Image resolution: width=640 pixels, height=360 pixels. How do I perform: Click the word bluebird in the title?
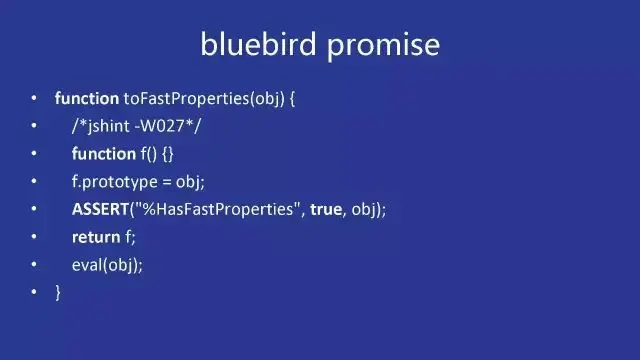[258, 44]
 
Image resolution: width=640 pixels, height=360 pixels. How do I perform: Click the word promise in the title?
[383, 46]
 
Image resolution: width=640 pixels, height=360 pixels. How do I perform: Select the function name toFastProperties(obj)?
[204, 99]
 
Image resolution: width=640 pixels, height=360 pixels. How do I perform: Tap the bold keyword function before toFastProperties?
[87, 98]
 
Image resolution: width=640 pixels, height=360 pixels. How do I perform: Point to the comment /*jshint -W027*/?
[136, 126]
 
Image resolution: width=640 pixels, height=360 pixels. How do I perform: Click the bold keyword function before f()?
[104, 154]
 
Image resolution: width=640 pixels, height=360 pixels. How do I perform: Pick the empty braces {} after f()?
[168, 154]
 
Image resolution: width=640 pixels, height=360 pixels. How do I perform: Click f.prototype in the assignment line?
[115, 182]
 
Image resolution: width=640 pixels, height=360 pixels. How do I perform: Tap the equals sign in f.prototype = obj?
[167, 182]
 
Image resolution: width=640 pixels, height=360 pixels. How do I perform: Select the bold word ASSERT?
[100, 209]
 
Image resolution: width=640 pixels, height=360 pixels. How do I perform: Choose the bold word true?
[326, 209]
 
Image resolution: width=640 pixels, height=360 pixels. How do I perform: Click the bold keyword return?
[96, 238]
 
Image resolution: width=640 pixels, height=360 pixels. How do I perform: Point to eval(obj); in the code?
[107, 265]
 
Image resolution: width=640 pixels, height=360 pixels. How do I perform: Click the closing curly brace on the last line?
[58, 293]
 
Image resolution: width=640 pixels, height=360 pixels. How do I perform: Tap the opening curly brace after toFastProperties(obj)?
[292, 99]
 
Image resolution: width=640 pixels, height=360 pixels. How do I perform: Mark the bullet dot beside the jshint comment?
[34, 125]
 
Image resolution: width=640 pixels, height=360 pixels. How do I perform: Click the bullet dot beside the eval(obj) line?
[34, 264]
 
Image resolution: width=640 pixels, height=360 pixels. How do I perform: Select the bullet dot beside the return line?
[34, 236]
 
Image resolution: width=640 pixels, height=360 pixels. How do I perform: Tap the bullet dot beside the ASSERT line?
[34, 209]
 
